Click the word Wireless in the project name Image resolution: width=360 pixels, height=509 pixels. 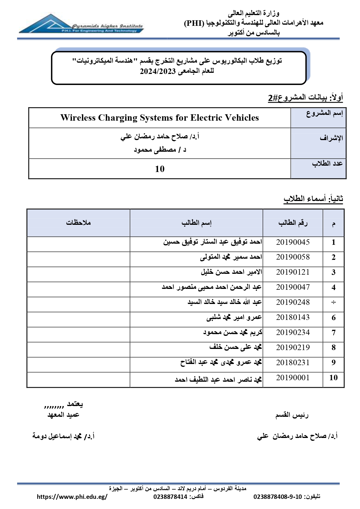tap(78, 118)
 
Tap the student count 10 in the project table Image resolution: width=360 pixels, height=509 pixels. tap(160, 169)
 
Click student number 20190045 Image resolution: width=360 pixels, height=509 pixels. tap(293, 242)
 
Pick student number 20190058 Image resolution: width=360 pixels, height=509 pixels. tap(293, 257)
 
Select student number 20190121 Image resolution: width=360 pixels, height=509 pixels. tap(293, 272)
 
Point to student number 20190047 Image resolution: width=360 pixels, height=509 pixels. tap(293, 287)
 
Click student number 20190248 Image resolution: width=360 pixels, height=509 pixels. tap(293, 302)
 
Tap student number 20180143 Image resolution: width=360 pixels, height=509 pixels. tap(293, 318)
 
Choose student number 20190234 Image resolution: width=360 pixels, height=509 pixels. tap(293, 333)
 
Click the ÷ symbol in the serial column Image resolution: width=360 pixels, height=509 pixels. tap(334, 302)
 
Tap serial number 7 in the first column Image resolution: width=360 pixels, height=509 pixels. tap(334, 333)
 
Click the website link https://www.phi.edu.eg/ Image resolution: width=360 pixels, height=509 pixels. tap(72, 497)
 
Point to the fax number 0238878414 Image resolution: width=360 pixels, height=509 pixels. tap(170, 497)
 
